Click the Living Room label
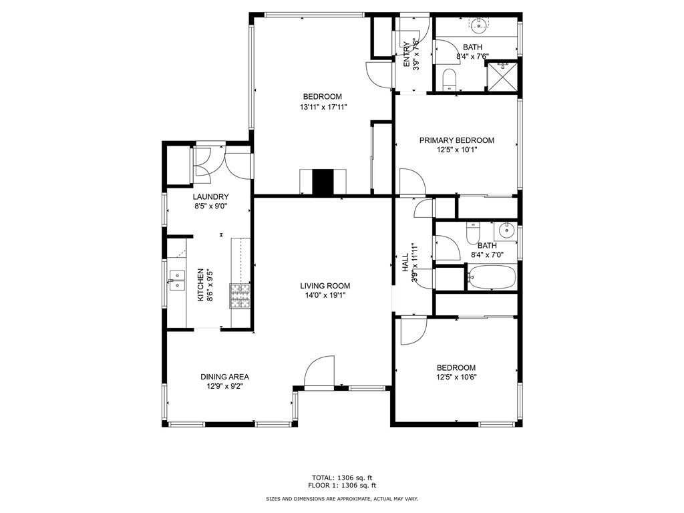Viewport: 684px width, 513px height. [325, 286]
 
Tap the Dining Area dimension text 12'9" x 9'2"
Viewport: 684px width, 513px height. [224, 386]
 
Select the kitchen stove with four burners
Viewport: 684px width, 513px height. [240, 296]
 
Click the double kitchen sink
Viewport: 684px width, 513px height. [177, 281]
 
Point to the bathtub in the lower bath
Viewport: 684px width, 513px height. [492, 277]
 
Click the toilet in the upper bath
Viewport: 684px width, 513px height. [449, 80]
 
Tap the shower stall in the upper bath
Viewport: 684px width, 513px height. [502, 76]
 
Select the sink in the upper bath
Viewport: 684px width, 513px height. [480, 24]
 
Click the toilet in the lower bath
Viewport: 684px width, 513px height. [473, 233]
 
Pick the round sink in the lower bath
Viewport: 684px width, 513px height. [506, 230]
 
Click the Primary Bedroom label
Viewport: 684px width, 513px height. [457, 140]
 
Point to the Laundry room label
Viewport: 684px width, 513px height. [210, 197]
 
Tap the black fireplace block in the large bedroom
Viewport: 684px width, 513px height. [323, 182]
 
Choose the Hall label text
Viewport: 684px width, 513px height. [405, 263]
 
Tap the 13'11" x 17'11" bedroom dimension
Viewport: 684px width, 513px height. [323, 107]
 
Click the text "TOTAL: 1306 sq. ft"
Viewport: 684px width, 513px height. [342, 478]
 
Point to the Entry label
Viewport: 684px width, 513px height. [407, 55]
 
